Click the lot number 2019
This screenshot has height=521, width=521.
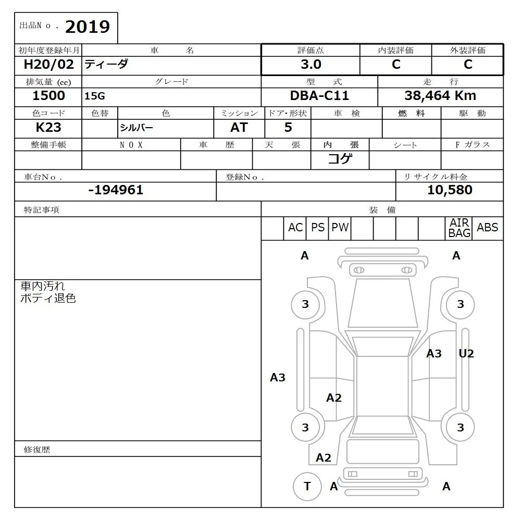pos(88,27)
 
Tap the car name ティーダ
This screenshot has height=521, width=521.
pos(106,65)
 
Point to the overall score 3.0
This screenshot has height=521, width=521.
pos(311,65)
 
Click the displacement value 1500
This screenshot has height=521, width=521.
pos(48,95)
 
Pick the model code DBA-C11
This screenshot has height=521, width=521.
pos(319,96)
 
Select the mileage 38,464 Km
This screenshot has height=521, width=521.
pos(440,96)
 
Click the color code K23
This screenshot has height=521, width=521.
pos(48,127)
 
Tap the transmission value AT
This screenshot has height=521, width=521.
pos(239,127)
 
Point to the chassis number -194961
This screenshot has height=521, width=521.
pos(116,190)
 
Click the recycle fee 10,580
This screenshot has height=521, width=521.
pos(450,190)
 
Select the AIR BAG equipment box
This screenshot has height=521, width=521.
pos(460,228)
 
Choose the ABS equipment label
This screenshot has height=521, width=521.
pos(488,228)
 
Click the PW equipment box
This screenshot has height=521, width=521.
pos(340,228)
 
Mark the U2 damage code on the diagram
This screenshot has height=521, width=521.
pos(466,354)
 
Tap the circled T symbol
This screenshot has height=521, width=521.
pos(307,487)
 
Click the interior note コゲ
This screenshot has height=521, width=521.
pos(340,159)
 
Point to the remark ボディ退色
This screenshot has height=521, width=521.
pos(48,299)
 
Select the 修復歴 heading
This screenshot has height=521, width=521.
pos(37,450)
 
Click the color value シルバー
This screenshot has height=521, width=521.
pos(137,128)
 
